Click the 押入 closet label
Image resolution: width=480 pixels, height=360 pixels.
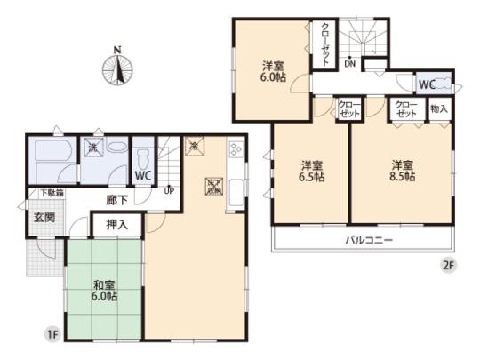click(116, 226)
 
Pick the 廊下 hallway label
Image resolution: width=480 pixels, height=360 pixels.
click(116, 202)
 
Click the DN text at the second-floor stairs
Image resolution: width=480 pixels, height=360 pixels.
click(350, 64)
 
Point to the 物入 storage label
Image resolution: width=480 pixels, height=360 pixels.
click(438, 108)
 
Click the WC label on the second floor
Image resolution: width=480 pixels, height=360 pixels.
click(426, 84)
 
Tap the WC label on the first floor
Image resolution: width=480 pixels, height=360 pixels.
click(143, 174)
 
